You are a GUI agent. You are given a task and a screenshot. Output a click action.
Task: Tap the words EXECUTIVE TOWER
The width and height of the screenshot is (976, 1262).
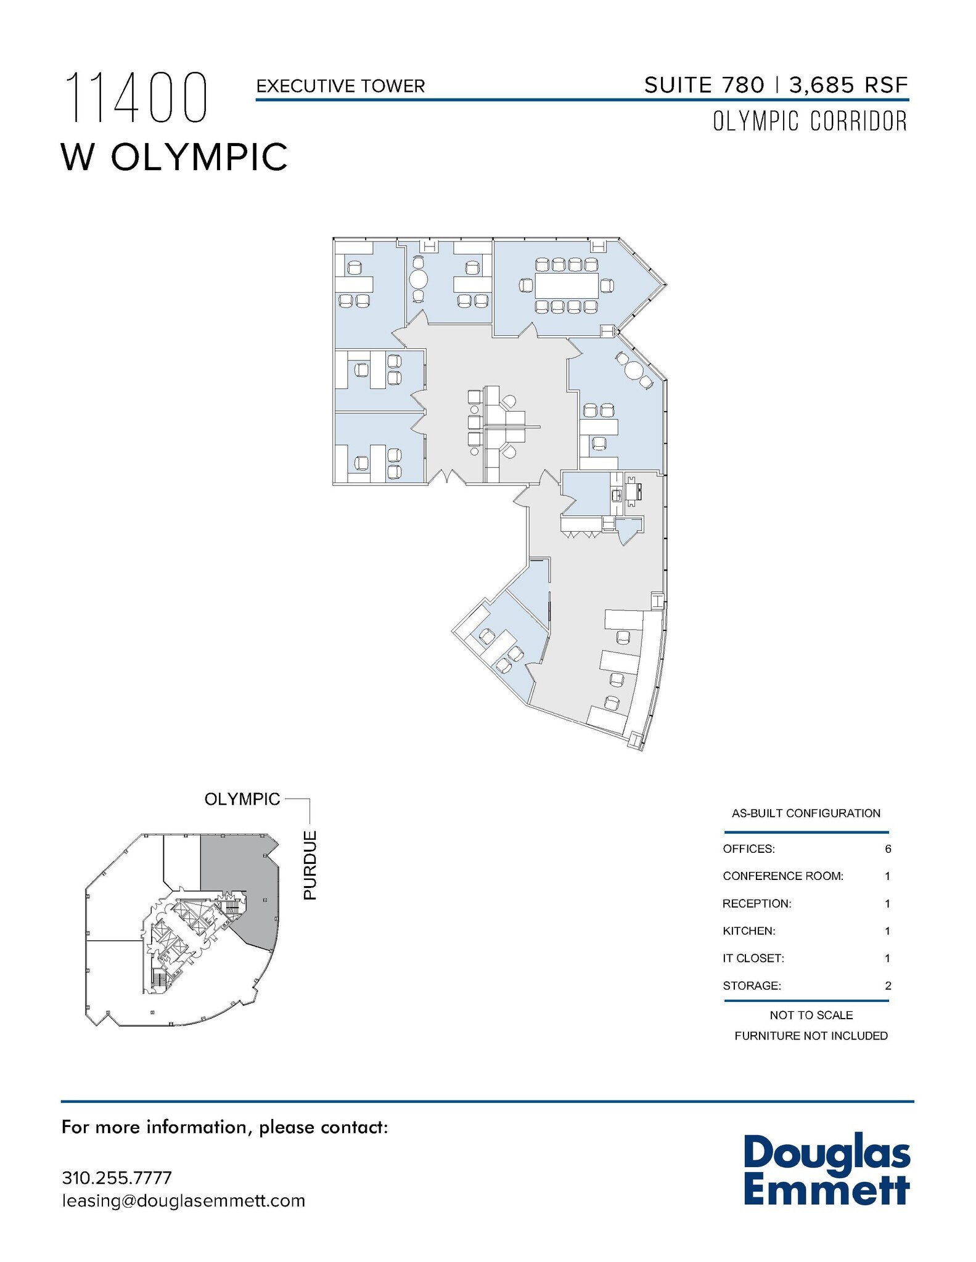(x=340, y=86)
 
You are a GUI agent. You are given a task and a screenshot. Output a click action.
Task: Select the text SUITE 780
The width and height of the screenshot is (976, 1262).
(x=703, y=85)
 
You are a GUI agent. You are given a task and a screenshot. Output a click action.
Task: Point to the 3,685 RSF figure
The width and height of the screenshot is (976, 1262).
(x=848, y=85)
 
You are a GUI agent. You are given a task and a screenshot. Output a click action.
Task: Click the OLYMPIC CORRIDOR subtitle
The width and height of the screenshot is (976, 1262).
(x=810, y=121)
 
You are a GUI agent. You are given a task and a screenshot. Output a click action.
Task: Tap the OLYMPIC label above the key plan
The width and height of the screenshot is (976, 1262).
(x=242, y=799)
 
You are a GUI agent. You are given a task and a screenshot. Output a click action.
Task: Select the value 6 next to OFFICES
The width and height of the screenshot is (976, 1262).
(x=888, y=849)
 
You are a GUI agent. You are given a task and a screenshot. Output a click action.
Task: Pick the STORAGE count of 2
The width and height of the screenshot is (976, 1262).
(x=888, y=985)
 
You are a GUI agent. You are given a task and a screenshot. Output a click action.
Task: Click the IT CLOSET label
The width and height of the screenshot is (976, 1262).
(x=753, y=958)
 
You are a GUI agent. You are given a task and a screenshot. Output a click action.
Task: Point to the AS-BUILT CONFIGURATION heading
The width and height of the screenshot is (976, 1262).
(x=806, y=813)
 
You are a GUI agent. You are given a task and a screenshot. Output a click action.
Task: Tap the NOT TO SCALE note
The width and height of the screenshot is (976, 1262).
(x=811, y=1015)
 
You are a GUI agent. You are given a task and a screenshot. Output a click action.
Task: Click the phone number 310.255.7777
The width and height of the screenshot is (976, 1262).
(x=117, y=1178)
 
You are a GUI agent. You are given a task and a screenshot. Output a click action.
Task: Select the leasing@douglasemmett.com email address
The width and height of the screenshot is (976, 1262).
(x=183, y=1200)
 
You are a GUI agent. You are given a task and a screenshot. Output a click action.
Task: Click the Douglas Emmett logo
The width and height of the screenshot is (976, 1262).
(x=826, y=1170)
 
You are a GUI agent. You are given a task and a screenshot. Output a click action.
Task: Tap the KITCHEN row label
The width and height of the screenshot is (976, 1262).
(x=748, y=931)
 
